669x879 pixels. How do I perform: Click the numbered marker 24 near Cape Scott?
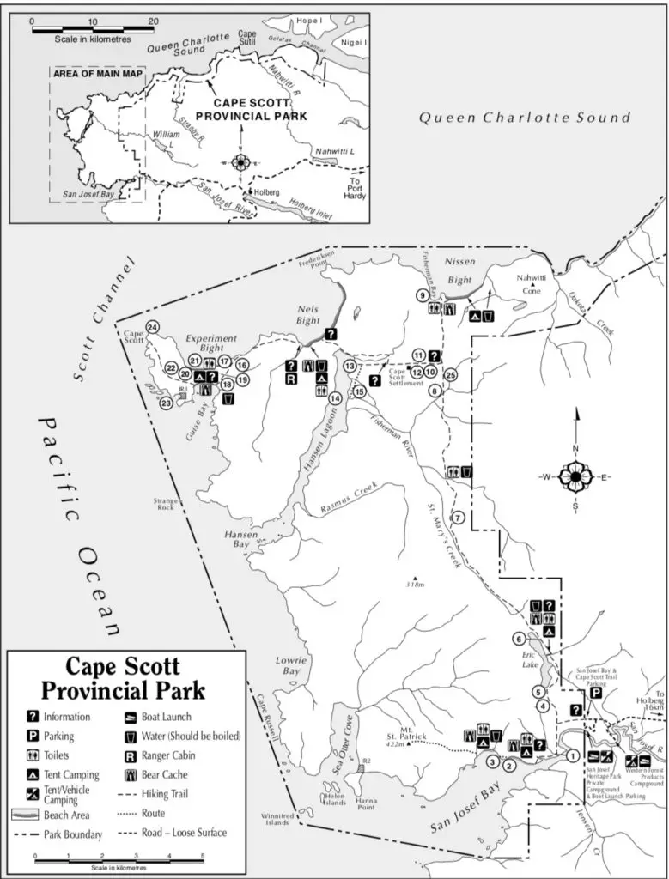click(x=152, y=327)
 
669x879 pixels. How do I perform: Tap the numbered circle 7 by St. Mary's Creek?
click(x=458, y=518)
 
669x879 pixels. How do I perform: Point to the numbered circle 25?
click(x=451, y=374)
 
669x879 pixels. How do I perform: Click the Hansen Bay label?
click(x=240, y=538)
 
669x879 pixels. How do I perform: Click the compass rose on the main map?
click(x=575, y=476)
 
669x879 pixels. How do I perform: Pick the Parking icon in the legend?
click(x=33, y=736)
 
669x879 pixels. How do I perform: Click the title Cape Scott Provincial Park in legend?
click(x=124, y=677)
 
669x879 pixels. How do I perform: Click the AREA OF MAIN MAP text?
click(x=96, y=75)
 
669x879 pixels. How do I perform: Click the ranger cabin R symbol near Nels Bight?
click(x=292, y=379)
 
